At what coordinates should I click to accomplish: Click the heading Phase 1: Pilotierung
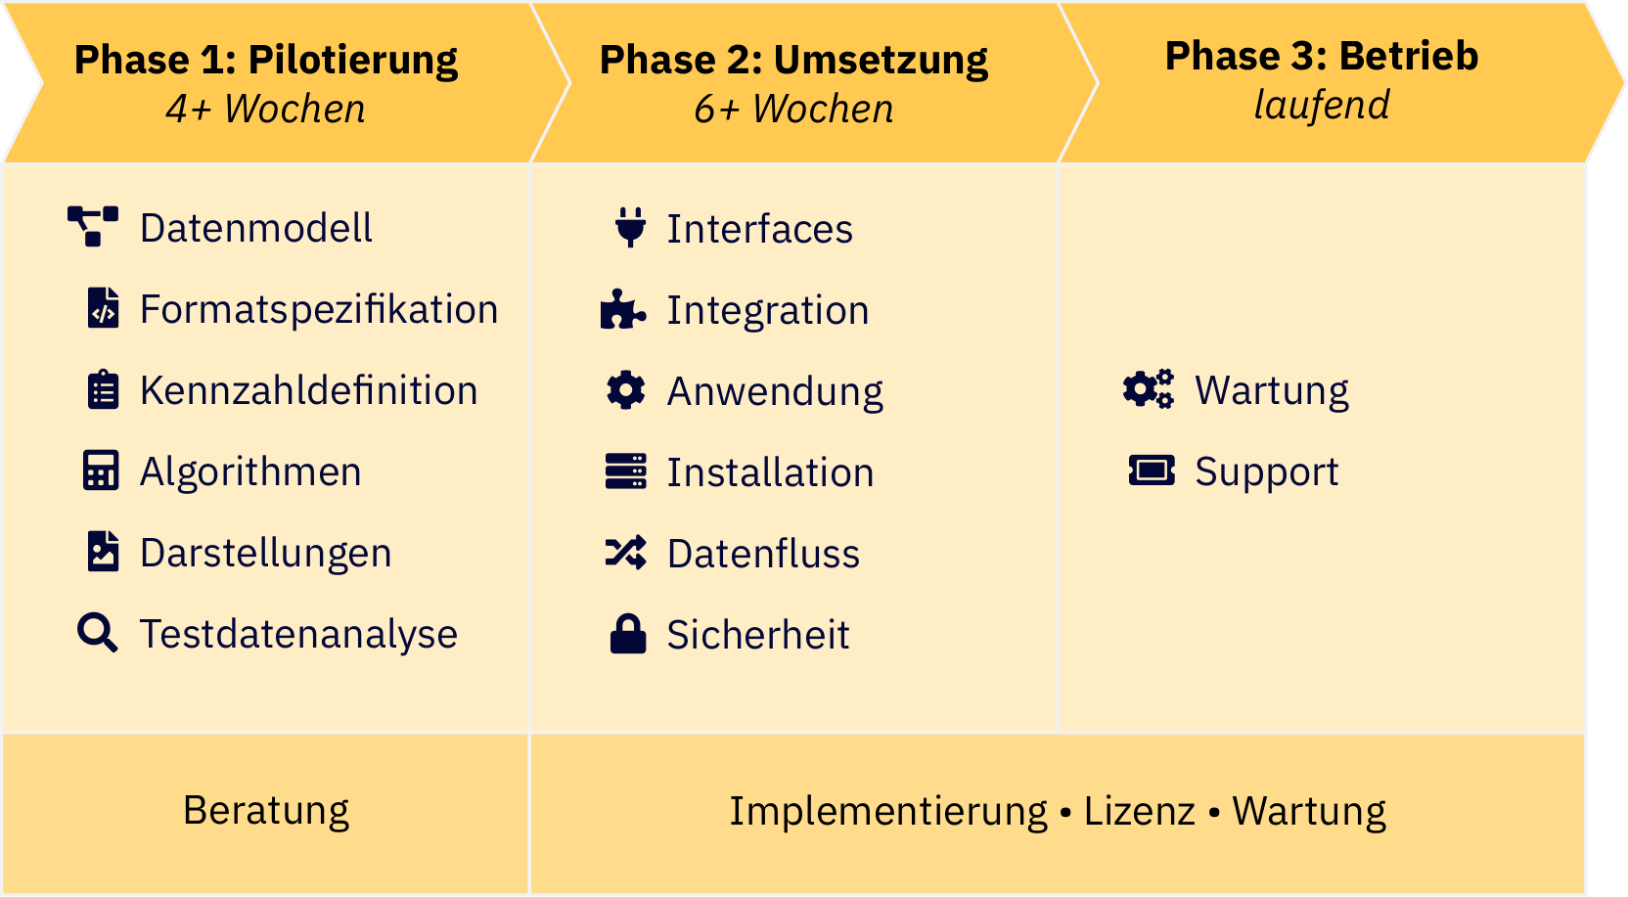click(x=265, y=60)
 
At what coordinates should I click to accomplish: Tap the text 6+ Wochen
click(x=793, y=109)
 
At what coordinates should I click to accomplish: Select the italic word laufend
click(x=1322, y=105)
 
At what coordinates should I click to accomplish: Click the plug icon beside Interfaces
click(x=631, y=227)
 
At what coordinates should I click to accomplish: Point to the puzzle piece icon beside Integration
click(x=623, y=309)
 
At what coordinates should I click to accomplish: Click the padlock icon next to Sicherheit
click(x=628, y=634)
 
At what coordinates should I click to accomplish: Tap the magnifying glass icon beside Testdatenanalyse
click(x=98, y=633)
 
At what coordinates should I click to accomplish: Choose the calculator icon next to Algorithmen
click(x=101, y=471)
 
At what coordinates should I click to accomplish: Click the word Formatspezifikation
click(x=319, y=309)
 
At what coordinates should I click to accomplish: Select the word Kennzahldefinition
click(x=308, y=390)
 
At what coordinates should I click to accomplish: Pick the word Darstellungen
click(x=265, y=553)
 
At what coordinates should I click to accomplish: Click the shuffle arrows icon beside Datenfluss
click(x=626, y=553)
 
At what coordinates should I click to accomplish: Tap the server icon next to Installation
click(x=626, y=471)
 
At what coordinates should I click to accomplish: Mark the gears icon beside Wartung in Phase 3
click(x=1149, y=389)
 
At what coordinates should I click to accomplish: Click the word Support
click(x=1266, y=471)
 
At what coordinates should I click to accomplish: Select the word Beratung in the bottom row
click(x=265, y=811)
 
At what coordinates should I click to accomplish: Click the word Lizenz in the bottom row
click(x=1139, y=811)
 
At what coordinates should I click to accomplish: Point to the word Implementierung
click(x=887, y=811)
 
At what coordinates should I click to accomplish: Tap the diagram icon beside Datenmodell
click(x=93, y=226)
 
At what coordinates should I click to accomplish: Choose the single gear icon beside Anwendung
click(x=626, y=390)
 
